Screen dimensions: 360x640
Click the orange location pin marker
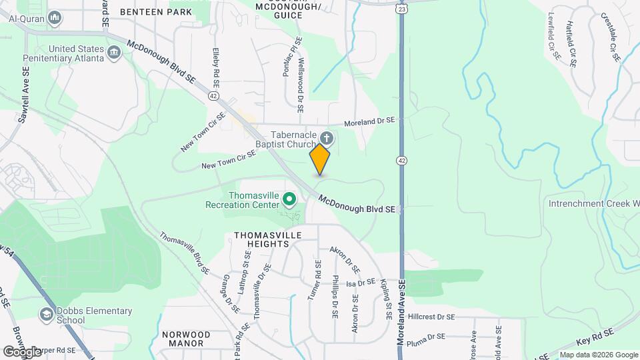[x=320, y=159]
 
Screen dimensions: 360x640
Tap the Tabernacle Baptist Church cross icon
[x=327, y=138]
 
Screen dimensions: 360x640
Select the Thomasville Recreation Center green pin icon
[x=289, y=199]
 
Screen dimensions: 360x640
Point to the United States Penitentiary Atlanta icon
[x=114, y=51]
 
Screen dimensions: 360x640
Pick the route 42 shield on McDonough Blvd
[x=213, y=96]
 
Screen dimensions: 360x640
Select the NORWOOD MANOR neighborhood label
[x=186, y=339]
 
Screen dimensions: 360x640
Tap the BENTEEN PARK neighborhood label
[x=155, y=11]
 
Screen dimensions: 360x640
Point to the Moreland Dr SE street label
[x=369, y=123]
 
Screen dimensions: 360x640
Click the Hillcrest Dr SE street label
[x=431, y=317]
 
